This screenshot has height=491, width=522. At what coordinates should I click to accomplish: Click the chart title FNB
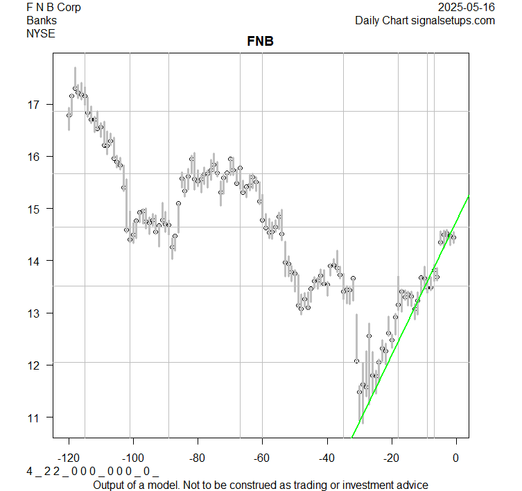(260, 42)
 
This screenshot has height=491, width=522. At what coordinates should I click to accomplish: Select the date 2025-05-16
(467, 8)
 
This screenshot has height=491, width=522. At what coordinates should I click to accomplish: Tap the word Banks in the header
(42, 20)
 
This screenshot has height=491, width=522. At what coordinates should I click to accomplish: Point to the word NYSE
(41, 33)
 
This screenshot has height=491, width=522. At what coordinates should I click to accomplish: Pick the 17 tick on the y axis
(33, 105)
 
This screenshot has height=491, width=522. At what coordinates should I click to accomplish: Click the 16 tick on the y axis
(33, 157)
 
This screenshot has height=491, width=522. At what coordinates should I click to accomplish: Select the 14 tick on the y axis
(33, 261)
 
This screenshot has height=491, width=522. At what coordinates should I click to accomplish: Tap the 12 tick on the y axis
(33, 365)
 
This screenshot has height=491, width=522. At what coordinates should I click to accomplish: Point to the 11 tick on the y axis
(33, 417)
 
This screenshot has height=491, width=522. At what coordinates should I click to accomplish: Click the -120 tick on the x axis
(69, 458)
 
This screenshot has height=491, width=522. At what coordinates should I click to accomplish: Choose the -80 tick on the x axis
(198, 458)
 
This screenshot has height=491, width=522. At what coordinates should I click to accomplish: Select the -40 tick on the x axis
(327, 458)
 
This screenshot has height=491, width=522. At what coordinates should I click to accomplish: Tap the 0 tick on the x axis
(455, 458)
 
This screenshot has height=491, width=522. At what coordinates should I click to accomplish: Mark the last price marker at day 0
(453, 237)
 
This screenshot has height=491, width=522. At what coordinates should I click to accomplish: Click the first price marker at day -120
(69, 114)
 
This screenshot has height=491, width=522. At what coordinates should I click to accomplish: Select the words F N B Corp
(53, 8)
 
